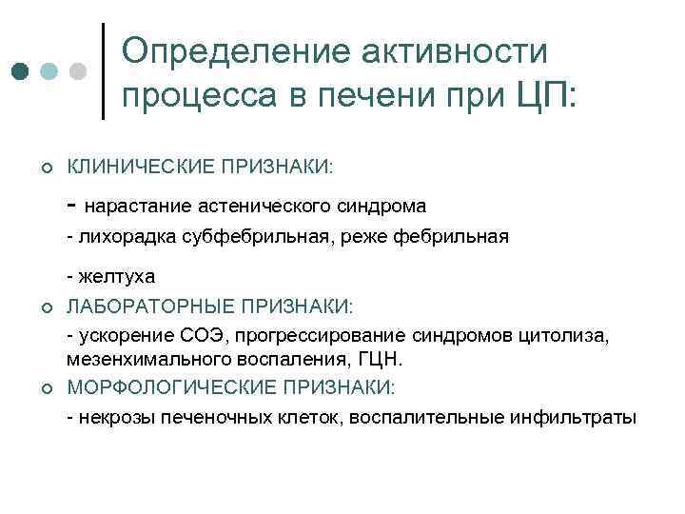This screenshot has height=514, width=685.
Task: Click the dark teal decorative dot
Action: [21, 71]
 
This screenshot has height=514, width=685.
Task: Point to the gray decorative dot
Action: [79, 71]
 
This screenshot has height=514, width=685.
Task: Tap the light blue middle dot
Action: [49, 71]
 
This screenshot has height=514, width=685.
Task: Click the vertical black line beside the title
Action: [102, 71]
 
